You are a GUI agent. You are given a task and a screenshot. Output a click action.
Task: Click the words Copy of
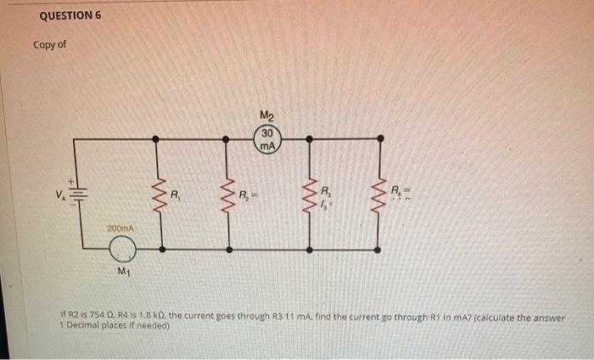pos(49,45)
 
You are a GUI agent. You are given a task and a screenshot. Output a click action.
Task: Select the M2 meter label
pos(268,116)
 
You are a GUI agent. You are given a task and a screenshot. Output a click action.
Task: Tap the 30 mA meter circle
pos(268,140)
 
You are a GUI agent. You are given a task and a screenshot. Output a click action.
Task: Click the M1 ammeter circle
pos(124,250)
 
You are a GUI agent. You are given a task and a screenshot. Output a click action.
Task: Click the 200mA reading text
pos(119,229)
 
